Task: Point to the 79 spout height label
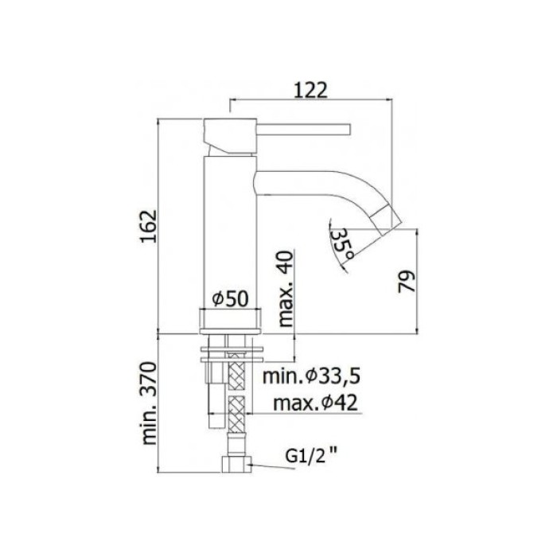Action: [x=407, y=282]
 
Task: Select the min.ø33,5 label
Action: [x=307, y=374]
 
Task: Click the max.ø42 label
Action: [x=314, y=403]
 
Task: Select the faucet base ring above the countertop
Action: [x=232, y=321]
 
